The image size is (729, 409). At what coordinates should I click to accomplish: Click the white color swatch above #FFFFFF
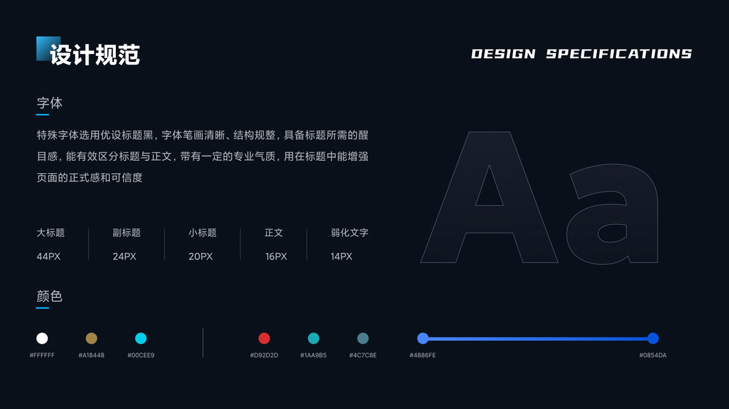(x=42, y=338)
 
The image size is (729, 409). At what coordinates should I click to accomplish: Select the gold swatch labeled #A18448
(x=91, y=338)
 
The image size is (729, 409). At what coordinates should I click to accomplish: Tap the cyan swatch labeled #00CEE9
(x=141, y=338)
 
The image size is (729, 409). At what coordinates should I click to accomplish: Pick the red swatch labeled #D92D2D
(x=264, y=338)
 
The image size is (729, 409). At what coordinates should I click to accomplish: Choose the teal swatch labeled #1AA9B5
(x=313, y=338)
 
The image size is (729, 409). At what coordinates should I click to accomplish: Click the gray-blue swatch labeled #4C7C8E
(x=362, y=338)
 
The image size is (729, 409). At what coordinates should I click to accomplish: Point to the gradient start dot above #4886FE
(x=422, y=338)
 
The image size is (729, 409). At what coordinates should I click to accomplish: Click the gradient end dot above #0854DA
(x=653, y=338)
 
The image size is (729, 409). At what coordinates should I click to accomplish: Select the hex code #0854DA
(x=653, y=355)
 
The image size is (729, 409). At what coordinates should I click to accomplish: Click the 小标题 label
(x=202, y=232)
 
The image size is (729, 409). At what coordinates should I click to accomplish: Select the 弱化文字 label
(x=350, y=232)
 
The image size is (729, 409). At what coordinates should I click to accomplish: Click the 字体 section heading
(x=50, y=103)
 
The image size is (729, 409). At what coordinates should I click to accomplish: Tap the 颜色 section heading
(x=50, y=297)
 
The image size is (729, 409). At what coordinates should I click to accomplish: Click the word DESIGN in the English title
(x=503, y=54)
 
